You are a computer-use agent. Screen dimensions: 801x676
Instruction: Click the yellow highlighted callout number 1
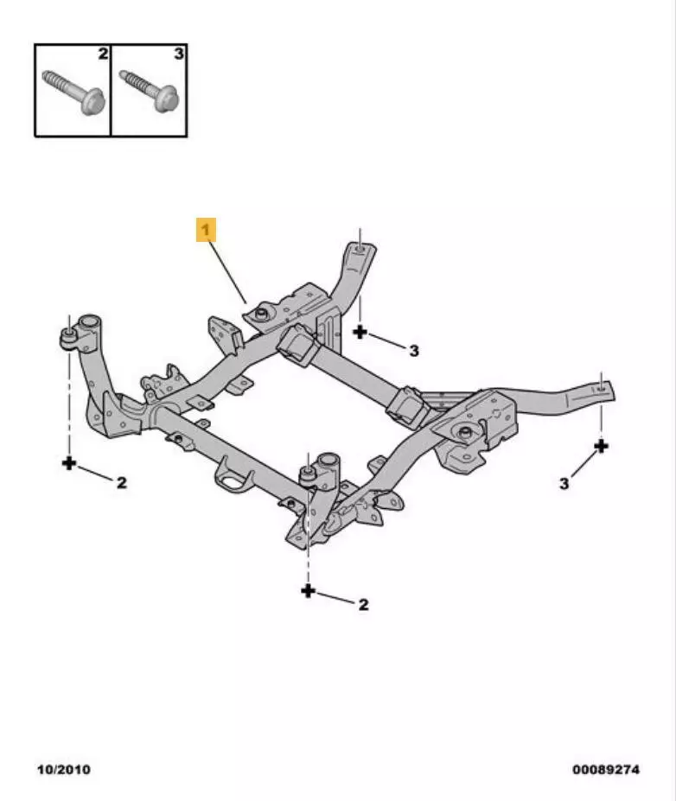[207, 231]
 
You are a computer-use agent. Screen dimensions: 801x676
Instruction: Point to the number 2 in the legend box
[103, 54]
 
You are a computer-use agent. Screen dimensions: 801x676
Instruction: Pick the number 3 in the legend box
[178, 54]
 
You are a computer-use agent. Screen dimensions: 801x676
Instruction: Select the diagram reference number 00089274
[605, 769]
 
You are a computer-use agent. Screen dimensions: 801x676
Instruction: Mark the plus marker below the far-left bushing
[69, 463]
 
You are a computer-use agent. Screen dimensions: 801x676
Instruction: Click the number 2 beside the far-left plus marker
[121, 482]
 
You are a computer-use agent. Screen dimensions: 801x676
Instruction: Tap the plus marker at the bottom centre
[308, 590]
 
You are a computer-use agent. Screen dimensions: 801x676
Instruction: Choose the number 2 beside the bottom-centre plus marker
[363, 605]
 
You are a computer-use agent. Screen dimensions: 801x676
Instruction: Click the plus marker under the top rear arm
[360, 331]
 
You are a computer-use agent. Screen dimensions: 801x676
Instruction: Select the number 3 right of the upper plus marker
[414, 350]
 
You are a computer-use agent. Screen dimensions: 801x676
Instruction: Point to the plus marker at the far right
[601, 446]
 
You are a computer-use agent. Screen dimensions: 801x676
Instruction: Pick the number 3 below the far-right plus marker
[564, 484]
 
